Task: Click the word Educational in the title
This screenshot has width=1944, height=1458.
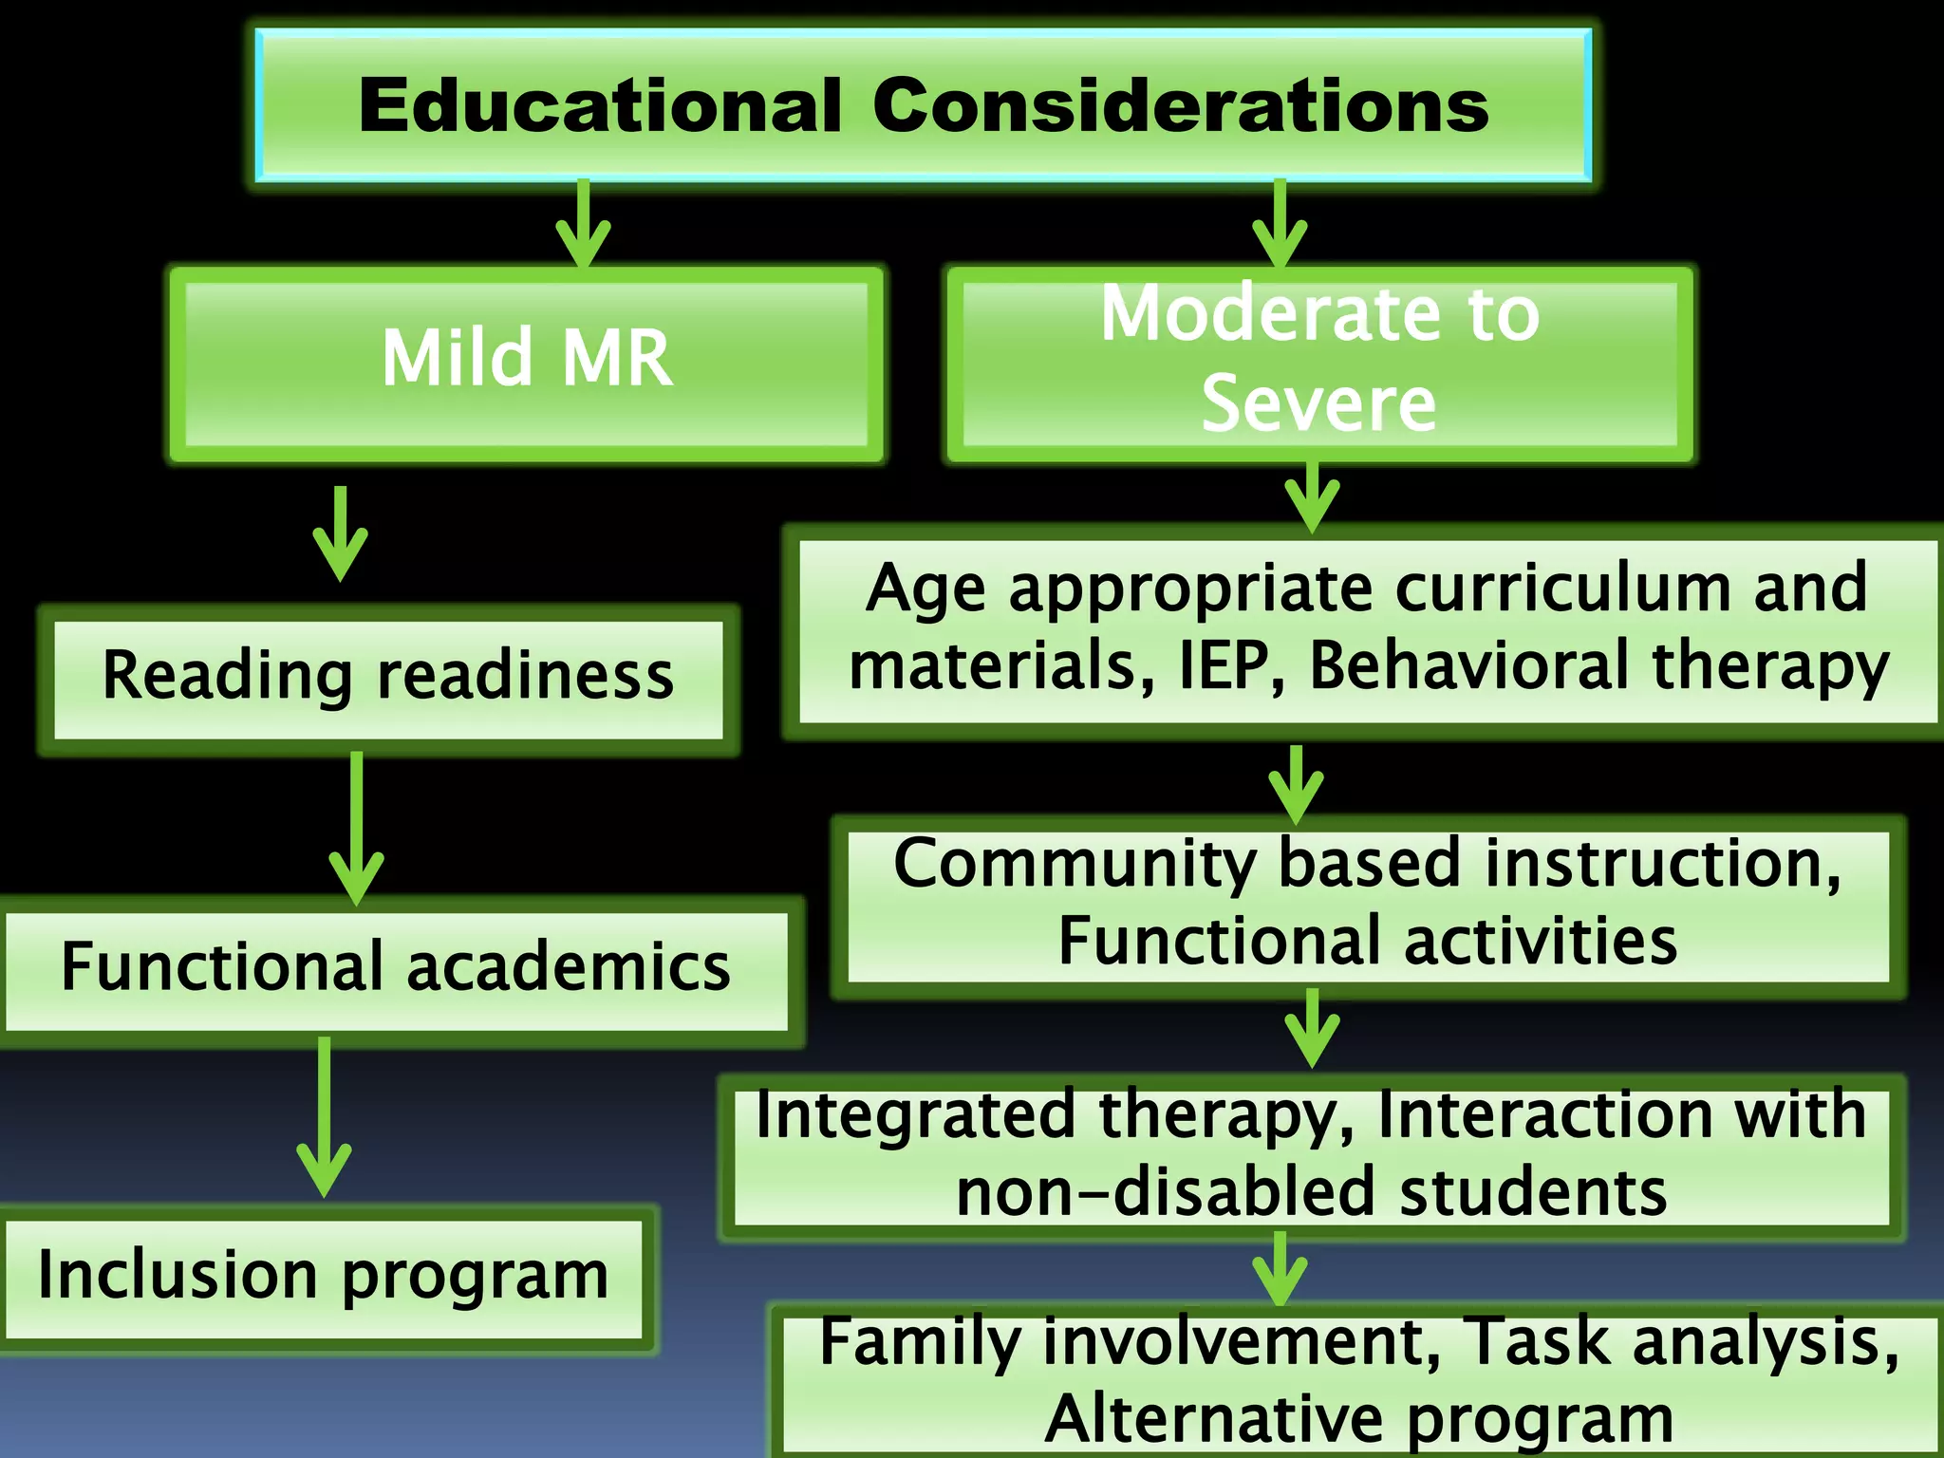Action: point(600,105)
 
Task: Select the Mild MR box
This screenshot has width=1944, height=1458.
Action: point(527,363)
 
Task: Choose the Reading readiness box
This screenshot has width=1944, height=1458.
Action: point(388,678)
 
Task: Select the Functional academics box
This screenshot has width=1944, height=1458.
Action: point(397,969)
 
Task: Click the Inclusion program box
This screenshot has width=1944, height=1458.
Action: point(323,1277)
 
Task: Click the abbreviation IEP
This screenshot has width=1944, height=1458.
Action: point(1231,666)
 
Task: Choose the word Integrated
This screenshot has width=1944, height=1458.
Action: point(916,1116)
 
